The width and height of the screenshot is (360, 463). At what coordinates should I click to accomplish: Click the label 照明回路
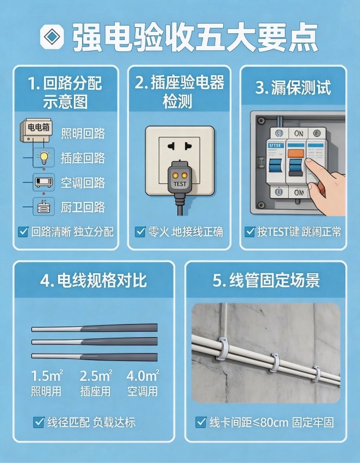pos(83,134)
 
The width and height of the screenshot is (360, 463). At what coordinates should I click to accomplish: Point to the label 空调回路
pos(83,183)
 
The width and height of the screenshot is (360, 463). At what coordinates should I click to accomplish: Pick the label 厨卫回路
pos(83,207)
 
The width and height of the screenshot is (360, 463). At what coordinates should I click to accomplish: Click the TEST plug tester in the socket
pos(179,178)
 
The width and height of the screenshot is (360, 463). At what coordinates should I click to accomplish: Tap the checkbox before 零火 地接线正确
pos(140,231)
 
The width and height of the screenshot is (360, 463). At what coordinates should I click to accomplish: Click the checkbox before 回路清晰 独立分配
pos(23,231)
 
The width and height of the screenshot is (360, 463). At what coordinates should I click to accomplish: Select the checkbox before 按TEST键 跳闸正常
pos(250,231)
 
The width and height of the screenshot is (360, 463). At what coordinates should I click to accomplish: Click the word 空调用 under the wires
pos(142,391)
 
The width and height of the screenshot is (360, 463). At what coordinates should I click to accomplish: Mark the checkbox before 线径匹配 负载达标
pos(39,422)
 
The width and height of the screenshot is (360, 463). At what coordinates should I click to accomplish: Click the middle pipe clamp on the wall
pos(274,361)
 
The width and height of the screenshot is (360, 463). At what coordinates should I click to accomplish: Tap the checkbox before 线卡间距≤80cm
pos(201,422)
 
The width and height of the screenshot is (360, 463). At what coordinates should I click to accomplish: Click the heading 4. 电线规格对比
pos(94,281)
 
